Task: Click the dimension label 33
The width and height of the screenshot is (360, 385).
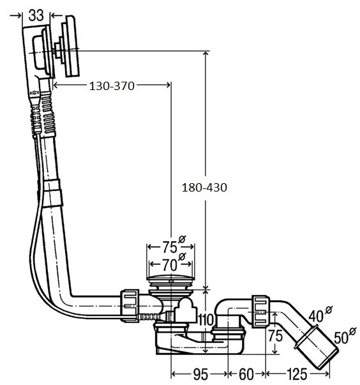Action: (36, 15)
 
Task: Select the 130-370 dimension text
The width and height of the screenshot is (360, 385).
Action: (112, 86)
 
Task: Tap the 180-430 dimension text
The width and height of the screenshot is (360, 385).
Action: (204, 188)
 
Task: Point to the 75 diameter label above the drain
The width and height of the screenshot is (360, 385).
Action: (169, 247)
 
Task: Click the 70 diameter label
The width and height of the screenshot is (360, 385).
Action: (169, 265)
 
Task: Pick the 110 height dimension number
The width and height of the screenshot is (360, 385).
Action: (206, 320)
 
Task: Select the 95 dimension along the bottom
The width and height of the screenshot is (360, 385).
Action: (200, 374)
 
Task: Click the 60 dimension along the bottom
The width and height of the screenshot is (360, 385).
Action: (246, 374)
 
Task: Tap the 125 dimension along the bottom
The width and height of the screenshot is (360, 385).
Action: (296, 374)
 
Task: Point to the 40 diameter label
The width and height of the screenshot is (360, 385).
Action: (316, 316)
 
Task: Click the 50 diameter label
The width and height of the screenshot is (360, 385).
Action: (341, 338)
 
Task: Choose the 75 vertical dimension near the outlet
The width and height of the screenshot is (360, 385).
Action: (275, 335)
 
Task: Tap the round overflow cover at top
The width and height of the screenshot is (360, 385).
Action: (71, 46)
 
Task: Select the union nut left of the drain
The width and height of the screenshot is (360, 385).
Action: (130, 305)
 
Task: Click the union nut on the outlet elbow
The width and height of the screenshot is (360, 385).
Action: (261, 312)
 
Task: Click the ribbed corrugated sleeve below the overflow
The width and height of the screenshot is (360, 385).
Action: (48, 114)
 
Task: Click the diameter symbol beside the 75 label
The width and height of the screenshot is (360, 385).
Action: (182, 239)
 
